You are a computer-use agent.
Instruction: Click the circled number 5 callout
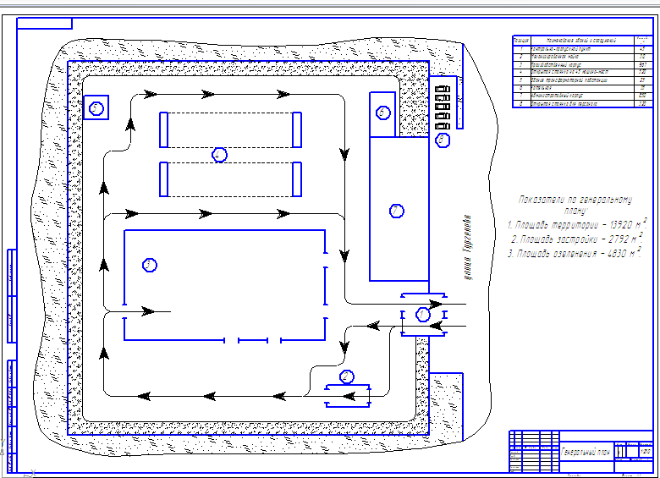[x=96, y=107]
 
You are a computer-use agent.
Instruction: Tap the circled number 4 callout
[x=219, y=155]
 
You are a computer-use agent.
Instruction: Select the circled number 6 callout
[x=382, y=112]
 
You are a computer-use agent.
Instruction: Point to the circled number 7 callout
[x=395, y=209]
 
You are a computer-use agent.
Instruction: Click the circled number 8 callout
[x=441, y=140]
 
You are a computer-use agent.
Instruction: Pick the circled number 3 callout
[x=150, y=265]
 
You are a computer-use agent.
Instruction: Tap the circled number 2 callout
[x=346, y=376]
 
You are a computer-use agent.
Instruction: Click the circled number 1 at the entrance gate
[x=423, y=315]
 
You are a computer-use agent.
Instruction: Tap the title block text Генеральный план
[x=586, y=453]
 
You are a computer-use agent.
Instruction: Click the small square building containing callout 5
[x=96, y=107]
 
